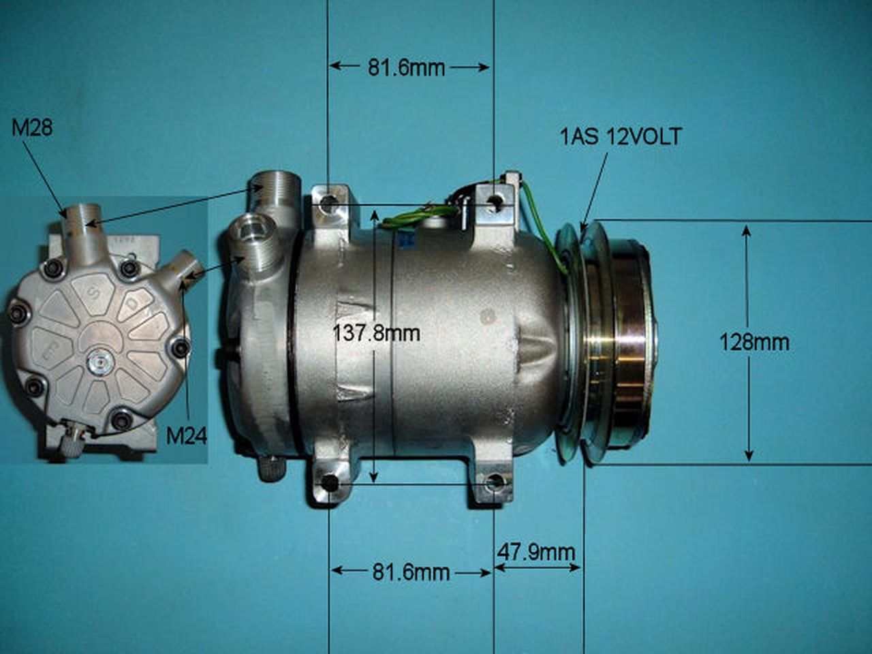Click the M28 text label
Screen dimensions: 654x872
[32, 127]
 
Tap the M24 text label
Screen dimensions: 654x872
[186, 435]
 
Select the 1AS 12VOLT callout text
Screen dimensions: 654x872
[620, 137]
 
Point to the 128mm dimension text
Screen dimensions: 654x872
[754, 341]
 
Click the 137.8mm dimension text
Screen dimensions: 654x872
[376, 333]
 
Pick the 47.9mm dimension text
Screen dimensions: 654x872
[535, 551]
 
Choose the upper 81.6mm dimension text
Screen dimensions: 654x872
[406, 67]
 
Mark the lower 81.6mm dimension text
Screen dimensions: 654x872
[411, 572]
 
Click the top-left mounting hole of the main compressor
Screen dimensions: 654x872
[330, 204]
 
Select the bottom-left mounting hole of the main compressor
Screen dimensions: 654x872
[330, 484]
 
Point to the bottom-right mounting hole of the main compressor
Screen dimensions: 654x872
[495, 484]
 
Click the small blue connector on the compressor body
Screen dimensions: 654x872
[406, 239]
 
